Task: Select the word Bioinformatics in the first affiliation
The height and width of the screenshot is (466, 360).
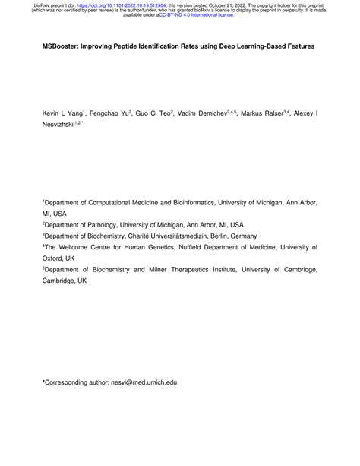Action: coord(187,204)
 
